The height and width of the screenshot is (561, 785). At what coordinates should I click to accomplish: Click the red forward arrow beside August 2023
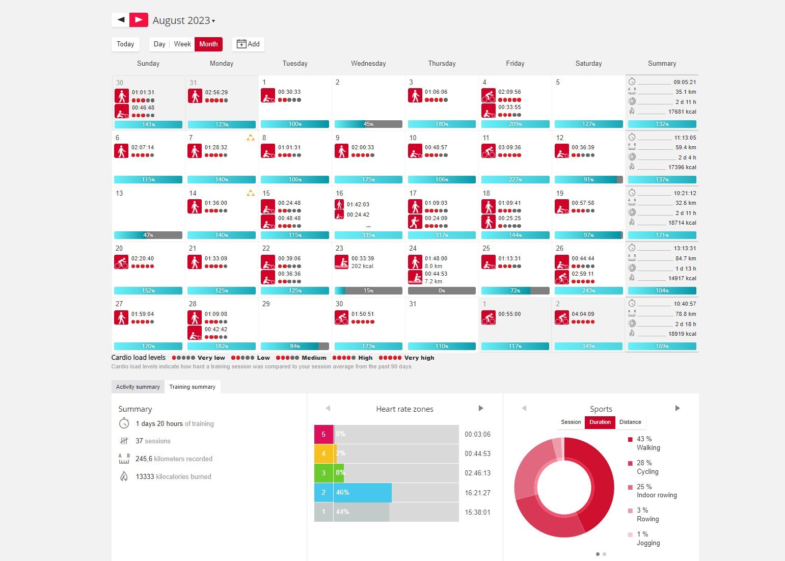tap(139, 20)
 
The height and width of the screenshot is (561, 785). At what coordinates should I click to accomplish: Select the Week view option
tap(182, 44)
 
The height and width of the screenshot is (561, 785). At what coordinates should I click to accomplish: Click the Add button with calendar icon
tap(248, 44)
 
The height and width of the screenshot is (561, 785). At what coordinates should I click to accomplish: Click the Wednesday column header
tap(368, 64)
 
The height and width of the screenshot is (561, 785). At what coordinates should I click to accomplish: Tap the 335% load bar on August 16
tap(368, 235)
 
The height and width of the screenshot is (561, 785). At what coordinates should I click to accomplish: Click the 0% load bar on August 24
tap(442, 291)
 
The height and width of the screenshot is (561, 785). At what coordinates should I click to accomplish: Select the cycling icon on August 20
tap(121, 262)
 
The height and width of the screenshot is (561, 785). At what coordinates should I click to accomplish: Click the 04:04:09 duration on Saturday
tap(583, 314)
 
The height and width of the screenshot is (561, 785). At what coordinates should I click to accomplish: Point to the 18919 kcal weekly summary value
tap(682, 334)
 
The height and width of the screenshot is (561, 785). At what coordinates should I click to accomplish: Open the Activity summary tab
tap(138, 387)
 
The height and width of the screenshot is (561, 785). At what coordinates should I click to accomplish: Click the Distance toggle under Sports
tap(630, 422)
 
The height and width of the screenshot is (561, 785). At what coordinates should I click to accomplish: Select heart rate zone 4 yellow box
tap(323, 453)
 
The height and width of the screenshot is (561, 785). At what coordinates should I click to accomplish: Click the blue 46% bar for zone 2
tap(362, 493)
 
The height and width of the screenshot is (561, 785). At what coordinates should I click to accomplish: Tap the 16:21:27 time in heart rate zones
tap(477, 493)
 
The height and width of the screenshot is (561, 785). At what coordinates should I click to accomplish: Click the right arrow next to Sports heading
tap(678, 408)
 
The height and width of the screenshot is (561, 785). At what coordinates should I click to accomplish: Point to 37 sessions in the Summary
tap(153, 441)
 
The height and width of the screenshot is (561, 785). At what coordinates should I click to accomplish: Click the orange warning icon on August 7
tap(250, 138)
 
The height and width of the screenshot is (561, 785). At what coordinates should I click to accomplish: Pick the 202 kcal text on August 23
tap(362, 266)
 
